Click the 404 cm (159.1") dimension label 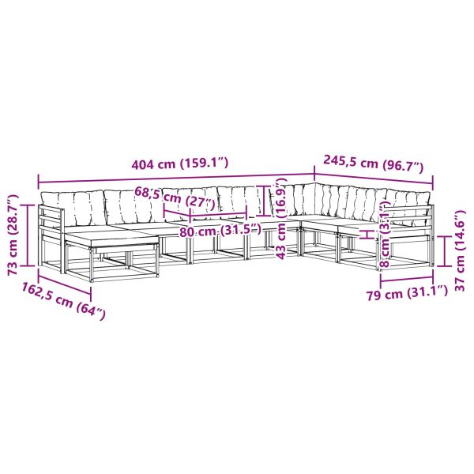pos(180,164)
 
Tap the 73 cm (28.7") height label pos(13,235)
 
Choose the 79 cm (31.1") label pos(407,293)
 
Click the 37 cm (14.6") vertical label pos(460,251)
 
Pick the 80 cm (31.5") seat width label pos(220,231)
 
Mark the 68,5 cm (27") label pos(175,198)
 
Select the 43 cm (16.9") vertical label pos(281,219)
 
